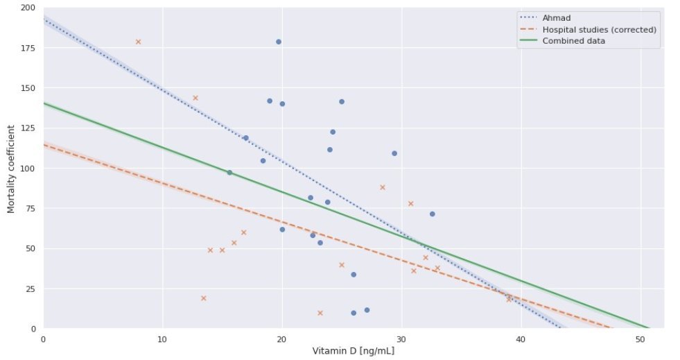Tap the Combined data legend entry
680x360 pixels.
tap(573, 41)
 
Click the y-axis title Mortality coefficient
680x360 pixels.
tap(12, 168)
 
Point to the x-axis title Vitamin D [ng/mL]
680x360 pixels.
tap(354, 350)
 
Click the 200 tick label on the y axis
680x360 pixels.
tap(28, 8)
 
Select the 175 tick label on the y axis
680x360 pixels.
tap(28, 48)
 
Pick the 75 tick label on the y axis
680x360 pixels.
tap(30, 208)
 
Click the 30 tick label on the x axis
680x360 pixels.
tap(401, 338)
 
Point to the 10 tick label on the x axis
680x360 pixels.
tap(162, 338)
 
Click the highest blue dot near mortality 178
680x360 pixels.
tap(279, 42)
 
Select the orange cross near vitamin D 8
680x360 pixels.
tap(138, 42)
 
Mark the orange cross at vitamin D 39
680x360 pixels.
tap(508, 300)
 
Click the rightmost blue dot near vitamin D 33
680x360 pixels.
tap(432, 214)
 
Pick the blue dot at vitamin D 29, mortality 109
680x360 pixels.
tap(394, 153)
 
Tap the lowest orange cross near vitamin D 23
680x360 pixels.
tap(320, 313)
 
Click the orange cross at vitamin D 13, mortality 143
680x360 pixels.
tap(195, 98)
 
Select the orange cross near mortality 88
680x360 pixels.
tap(382, 187)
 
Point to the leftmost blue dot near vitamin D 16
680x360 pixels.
tap(229, 172)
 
